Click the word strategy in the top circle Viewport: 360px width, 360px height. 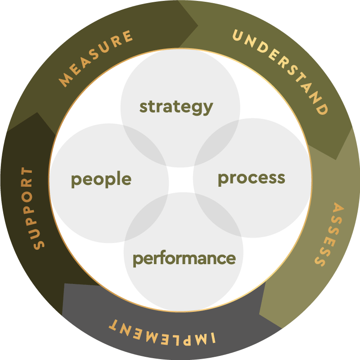176,107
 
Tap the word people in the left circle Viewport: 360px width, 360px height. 101,180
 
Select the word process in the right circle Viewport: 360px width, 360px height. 251,178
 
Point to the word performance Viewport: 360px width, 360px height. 184,259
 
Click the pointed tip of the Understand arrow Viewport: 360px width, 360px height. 337,159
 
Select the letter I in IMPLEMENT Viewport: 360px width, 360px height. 218,339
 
